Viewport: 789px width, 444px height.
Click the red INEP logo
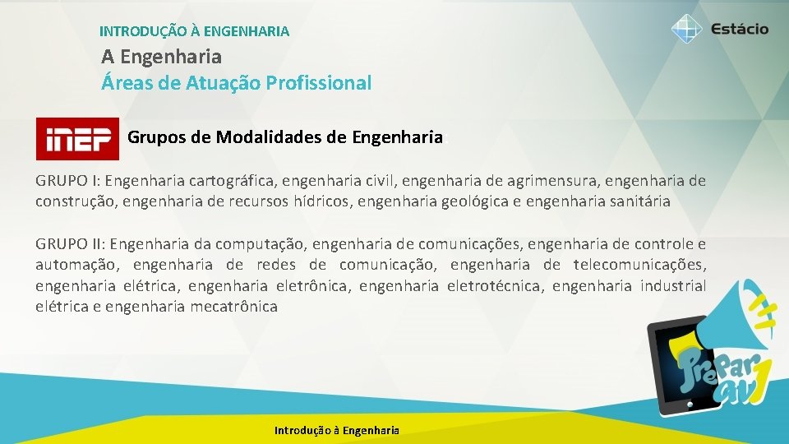coord(77,139)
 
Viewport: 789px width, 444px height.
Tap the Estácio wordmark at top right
coord(739,29)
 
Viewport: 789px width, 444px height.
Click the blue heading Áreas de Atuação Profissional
coord(236,83)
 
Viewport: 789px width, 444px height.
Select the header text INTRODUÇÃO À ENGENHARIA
coord(194,32)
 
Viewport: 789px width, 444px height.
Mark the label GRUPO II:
coord(69,244)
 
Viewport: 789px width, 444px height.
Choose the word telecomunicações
coord(639,265)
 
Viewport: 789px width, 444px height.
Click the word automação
coord(75,265)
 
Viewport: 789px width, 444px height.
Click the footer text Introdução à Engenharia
coord(337,430)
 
